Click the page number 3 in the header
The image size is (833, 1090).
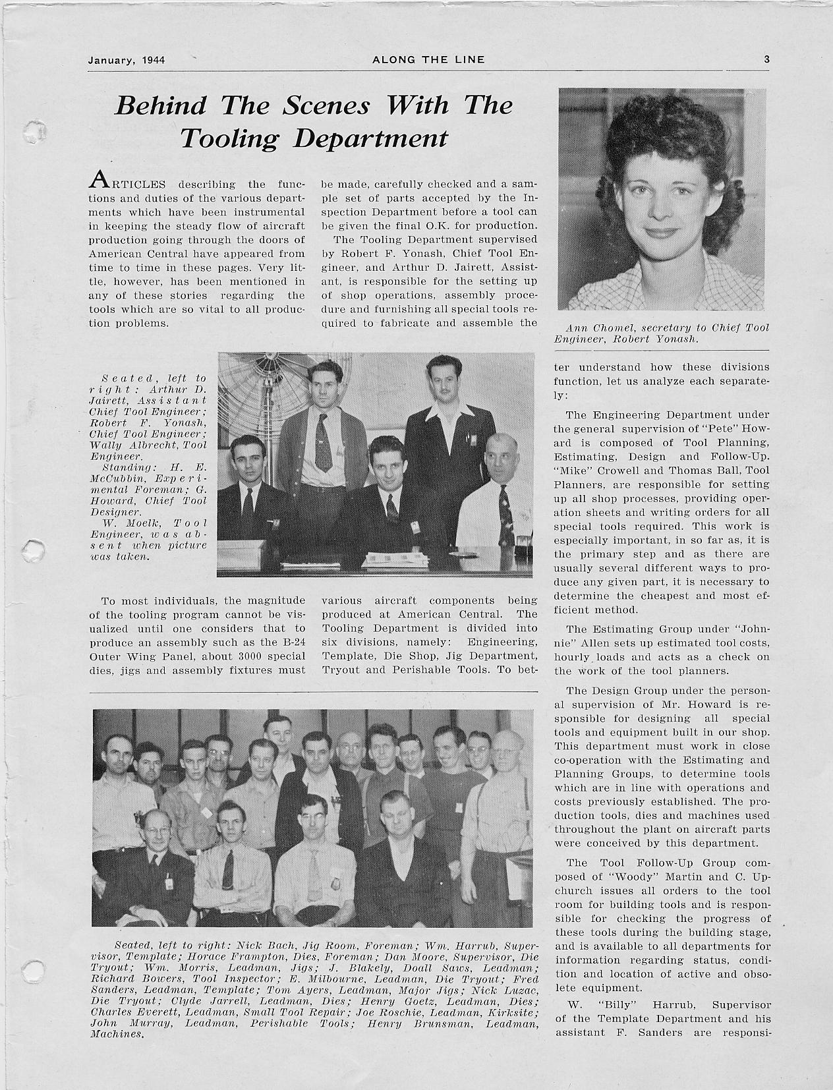(x=766, y=59)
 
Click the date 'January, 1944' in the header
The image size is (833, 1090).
(x=126, y=60)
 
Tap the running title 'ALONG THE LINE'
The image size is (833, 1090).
(x=428, y=59)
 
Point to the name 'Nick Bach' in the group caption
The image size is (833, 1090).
(x=260, y=945)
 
